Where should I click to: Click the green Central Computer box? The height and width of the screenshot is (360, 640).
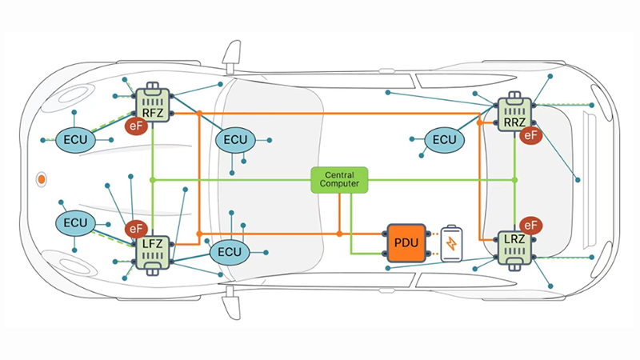click(x=339, y=179)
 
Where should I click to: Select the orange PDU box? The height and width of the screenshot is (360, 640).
click(x=406, y=243)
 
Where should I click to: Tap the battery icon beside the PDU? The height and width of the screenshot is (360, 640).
click(x=451, y=243)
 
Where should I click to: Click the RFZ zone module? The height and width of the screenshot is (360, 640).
click(x=153, y=103)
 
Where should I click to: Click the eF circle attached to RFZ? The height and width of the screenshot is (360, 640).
click(x=136, y=126)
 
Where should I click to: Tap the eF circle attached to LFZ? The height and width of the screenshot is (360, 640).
click(x=136, y=229)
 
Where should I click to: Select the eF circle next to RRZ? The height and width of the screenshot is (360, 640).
click(x=530, y=134)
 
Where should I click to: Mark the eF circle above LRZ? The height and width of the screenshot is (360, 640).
click(x=530, y=226)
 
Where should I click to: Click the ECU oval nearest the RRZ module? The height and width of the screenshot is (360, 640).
click(x=444, y=140)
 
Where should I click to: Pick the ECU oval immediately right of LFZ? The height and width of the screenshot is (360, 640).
click(x=230, y=252)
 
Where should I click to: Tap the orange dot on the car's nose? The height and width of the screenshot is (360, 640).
click(x=42, y=179)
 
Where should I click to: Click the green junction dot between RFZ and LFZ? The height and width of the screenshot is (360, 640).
click(x=153, y=179)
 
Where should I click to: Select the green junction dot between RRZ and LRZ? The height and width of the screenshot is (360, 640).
click(x=514, y=179)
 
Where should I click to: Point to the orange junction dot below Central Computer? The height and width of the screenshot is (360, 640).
click(x=339, y=234)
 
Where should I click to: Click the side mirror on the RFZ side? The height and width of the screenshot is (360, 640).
click(x=232, y=56)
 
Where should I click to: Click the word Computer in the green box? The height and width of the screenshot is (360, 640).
click(x=339, y=184)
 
